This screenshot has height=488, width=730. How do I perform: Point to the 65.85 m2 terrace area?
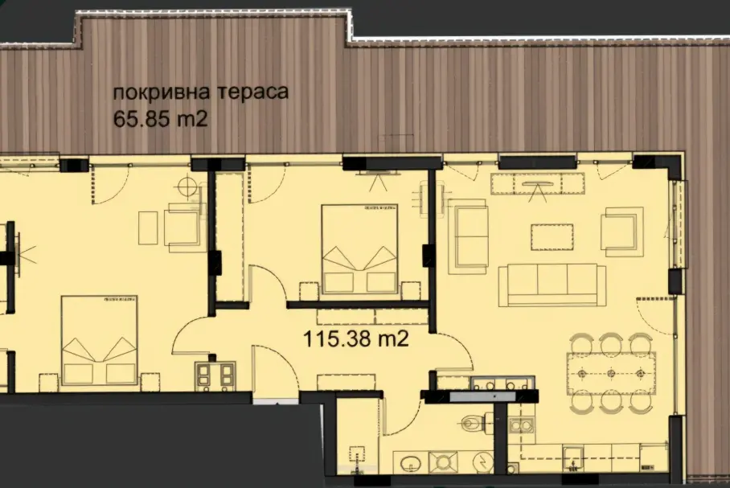pos(160,119)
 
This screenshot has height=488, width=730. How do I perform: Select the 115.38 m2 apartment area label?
pos(355,338)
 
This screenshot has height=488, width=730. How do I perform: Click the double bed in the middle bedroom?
pos(360,250)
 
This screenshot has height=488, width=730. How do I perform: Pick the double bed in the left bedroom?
pos(100,340)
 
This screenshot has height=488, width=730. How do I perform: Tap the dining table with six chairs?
pos(611,374)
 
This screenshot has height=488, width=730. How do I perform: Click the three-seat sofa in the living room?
pos(552,285)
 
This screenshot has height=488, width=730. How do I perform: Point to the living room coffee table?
pos(552,237)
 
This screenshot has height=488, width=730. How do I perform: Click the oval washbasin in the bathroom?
pos(411,463)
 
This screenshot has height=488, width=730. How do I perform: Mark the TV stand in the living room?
pos(537,183)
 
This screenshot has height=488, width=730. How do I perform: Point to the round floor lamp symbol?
pos(187,187)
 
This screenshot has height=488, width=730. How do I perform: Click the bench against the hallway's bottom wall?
pos(346,383)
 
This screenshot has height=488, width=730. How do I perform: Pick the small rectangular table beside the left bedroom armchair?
pos(148,228)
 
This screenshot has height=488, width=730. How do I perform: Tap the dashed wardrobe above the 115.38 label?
pos(372,317)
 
